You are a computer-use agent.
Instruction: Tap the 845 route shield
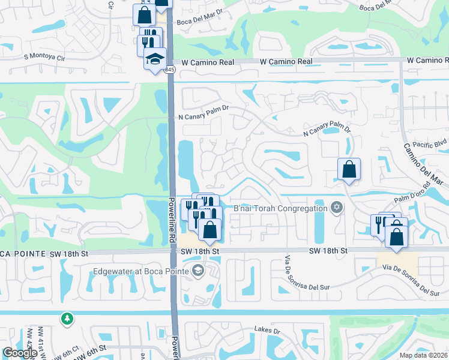(171, 70)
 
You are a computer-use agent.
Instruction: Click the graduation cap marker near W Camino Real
(155, 60)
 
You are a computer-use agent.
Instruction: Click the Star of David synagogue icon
(336, 208)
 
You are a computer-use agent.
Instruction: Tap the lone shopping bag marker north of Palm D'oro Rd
(349, 170)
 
